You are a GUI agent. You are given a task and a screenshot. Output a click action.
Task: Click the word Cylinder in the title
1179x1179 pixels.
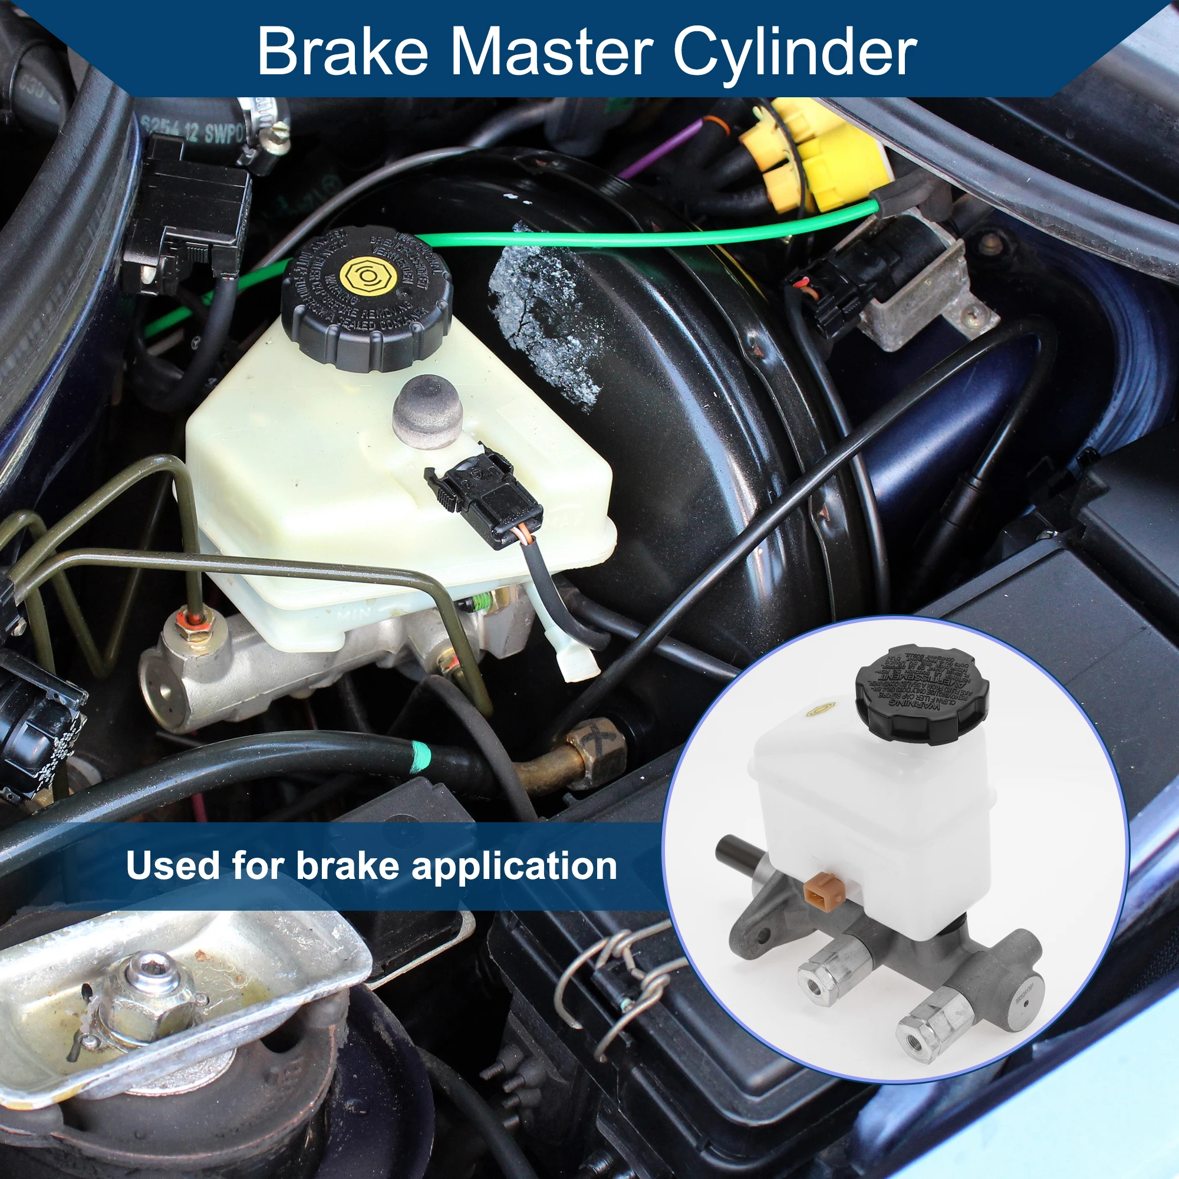point(795,51)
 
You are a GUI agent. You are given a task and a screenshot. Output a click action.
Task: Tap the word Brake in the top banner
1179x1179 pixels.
point(342,51)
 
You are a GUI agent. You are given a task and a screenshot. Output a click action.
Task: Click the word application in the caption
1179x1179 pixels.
point(514,866)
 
